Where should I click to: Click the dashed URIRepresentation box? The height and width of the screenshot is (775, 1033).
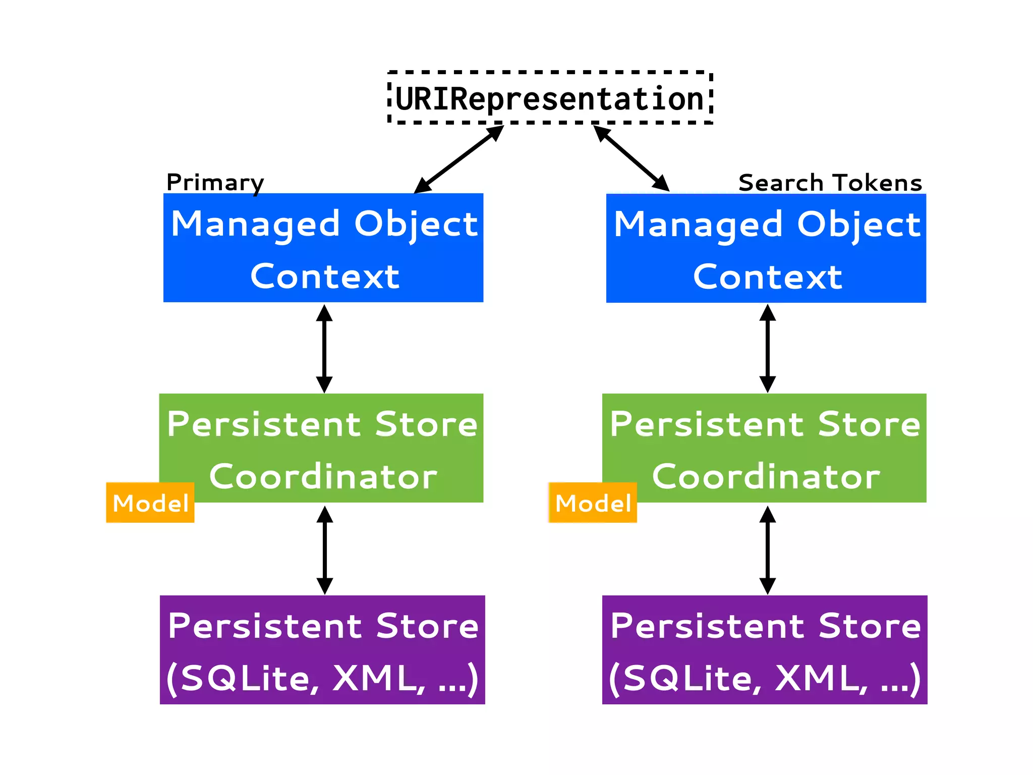[x=550, y=98]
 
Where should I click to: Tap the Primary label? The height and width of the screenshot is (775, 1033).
[x=215, y=182]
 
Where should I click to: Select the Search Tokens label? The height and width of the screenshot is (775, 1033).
[x=830, y=183]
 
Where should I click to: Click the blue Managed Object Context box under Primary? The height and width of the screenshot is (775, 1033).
[x=323, y=248]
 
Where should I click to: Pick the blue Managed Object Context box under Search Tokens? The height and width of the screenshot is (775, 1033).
[x=766, y=248]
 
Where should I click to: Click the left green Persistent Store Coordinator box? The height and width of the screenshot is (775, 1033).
[x=321, y=448]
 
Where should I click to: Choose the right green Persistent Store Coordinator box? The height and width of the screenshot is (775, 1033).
[x=764, y=448]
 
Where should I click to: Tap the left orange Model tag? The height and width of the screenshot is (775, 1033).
[x=150, y=503]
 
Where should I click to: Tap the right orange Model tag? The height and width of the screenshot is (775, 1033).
[x=593, y=503]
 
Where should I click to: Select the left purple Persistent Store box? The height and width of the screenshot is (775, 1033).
[x=322, y=650]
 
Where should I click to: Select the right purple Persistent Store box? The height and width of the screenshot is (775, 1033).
[x=765, y=650]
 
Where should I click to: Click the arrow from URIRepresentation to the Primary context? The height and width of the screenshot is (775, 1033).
[x=459, y=159]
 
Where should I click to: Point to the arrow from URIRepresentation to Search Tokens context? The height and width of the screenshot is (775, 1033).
[x=632, y=158]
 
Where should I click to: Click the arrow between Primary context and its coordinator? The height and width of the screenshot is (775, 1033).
[x=324, y=348]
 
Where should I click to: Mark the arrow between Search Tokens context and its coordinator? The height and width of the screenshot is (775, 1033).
[x=767, y=348]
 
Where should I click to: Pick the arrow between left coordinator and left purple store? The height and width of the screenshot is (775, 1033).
[x=324, y=550]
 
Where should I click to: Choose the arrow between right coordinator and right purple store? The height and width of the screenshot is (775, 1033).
[x=767, y=550]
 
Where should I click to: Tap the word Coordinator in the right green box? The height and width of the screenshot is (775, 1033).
[x=766, y=476]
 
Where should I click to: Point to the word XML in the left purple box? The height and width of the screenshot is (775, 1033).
[x=378, y=678]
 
